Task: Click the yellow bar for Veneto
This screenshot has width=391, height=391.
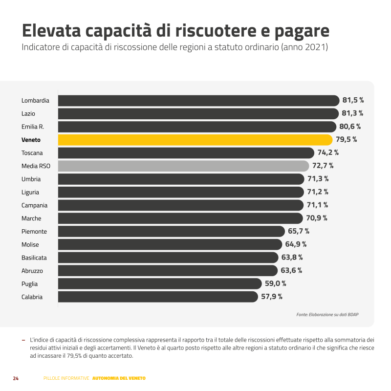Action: pos(195,140)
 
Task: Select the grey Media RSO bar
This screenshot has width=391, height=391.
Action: pos(183,166)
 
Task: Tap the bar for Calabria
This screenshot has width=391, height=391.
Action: pos(157,297)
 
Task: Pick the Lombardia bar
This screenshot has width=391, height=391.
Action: pos(198,101)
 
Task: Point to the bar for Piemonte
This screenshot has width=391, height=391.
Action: pos(171,231)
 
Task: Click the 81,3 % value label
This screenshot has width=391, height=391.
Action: pos(352,113)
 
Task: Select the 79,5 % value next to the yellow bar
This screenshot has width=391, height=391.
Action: pos(346,140)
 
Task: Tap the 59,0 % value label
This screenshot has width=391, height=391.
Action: pos(275,283)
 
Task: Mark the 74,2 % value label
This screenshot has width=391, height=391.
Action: pos(328,153)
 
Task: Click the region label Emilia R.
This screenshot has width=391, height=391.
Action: pos(33,127)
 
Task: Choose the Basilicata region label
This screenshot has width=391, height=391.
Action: pos(34,258)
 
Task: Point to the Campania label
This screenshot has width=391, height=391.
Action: pos(35,205)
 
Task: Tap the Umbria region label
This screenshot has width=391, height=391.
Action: pos(31,179)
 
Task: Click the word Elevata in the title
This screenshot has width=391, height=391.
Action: pos(51,30)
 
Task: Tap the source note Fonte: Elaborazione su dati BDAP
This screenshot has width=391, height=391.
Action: pos(327,314)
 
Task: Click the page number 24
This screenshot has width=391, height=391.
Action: pos(16,378)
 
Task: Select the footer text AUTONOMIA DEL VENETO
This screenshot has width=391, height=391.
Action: pos(119,378)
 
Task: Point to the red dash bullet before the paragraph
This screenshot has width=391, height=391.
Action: pos(23,339)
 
